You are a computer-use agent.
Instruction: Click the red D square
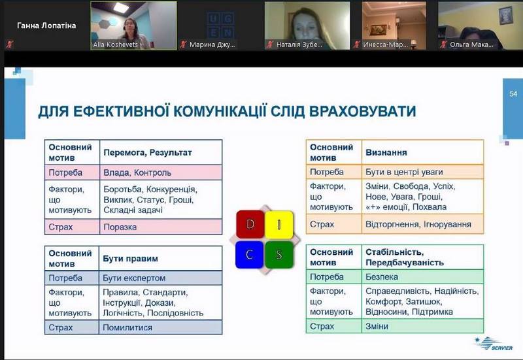coord(250,224)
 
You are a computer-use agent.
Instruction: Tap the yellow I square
coord(279,225)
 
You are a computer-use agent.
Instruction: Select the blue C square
coord(250,255)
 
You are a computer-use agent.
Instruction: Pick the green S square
coord(279,255)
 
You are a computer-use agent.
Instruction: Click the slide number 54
coord(513,93)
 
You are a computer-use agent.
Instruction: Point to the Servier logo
coord(494,344)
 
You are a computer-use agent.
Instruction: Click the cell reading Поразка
coord(161,227)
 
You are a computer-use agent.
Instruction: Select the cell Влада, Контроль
coord(161,172)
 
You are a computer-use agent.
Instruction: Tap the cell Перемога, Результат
coord(161,152)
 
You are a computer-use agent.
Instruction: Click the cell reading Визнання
coord(422,152)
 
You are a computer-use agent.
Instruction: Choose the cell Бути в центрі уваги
coord(422,172)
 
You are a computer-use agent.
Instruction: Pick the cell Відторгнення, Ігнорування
coord(422,224)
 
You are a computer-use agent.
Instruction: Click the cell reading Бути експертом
coord(160,278)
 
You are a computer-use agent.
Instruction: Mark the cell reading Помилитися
coord(160,327)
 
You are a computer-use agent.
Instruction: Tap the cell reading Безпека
coord(422,276)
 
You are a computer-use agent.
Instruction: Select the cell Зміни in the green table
coord(422,326)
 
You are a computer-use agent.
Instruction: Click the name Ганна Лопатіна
coord(46,25)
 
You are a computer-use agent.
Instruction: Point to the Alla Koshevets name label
coord(116,44)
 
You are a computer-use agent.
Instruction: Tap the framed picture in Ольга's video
coord(505,15)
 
